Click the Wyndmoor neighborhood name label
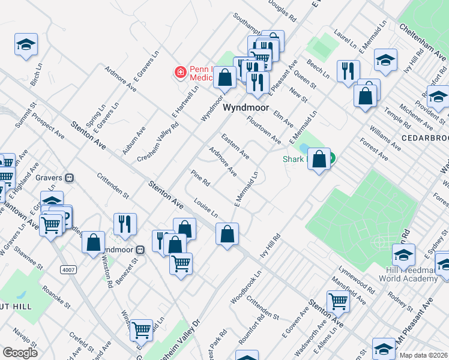click(244, 108)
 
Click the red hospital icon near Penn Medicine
click(179, 73)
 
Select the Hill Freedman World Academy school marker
click(403, 254)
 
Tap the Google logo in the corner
click(20, 353)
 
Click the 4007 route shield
click(68, 270)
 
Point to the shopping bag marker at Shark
click(319, 160)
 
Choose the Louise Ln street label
click(206, 209)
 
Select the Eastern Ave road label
click(235, 146)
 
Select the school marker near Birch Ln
click(26, 45)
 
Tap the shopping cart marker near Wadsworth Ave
click(339, 301)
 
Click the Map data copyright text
click(423, 355)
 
